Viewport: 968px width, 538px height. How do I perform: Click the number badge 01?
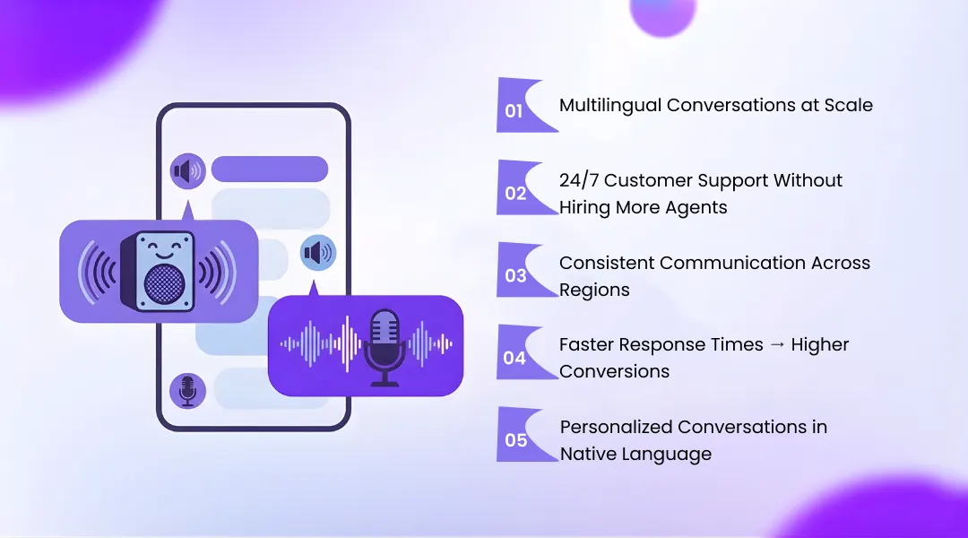(x=514, y=111)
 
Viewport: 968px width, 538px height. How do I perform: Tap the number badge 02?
(x=516, y=193)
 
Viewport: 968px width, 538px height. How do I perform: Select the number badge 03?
(x=516, y=275)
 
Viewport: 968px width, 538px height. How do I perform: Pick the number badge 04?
(x=515, y=358)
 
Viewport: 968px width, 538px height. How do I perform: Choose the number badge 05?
(x=516, y=440)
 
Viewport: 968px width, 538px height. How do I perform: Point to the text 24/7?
(x=579, y=180)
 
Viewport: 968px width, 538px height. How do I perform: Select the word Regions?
(x=594, y=290)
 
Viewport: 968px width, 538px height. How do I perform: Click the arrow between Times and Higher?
(x=757, y=345)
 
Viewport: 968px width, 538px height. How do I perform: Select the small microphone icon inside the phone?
(x=187, y=390)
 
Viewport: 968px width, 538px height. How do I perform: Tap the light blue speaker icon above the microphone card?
(x=318, y=254)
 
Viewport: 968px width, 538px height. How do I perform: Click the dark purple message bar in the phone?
(x=270, y=169)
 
